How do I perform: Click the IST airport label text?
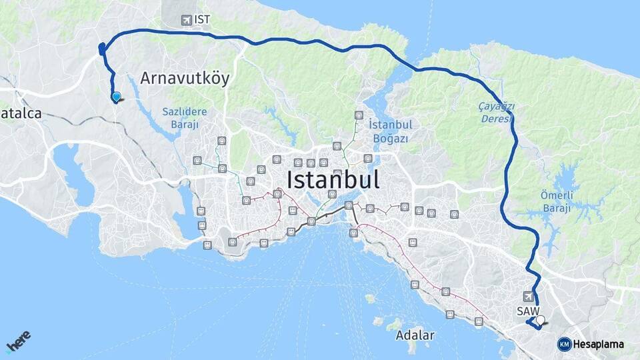pyautogui.click(x=203, y=19)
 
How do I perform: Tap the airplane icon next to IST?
pyautogui.click(x=186, y=20)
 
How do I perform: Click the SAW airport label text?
pyautogui.click(x=526, y=311)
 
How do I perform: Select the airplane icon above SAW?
pyautogui.click(x=529, y=296)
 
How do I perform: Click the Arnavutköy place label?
pyautogui.click(x=185, y=79)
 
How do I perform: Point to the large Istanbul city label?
pyautogui.click(x=333, y=180)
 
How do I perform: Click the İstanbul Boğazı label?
pyautogui.click(x=391, y=131)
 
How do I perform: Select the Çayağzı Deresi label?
pyautogui.click(x=496, y=113)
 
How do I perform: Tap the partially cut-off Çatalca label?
pyautogui.click(x=21, y=113)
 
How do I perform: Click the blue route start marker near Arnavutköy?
pyautogui.click(x=117, y=97)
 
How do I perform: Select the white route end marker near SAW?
pyautogui.click(x=540, y=321)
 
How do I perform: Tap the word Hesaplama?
pyautogui.click(x=598, y=344)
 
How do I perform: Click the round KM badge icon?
pyautogui.click(x=564, y=344)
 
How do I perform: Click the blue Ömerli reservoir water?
pyautogui.click(x=567, y=183)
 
